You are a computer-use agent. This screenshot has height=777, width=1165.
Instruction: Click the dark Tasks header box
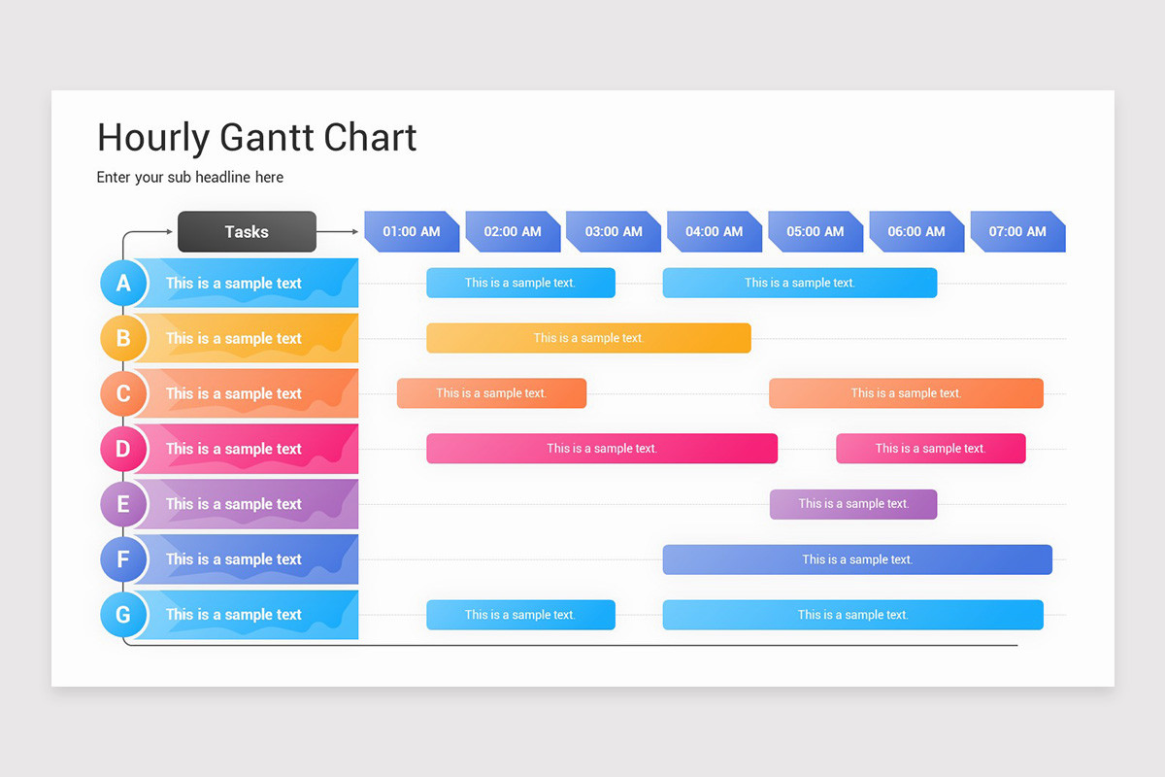click(x=247, y=231)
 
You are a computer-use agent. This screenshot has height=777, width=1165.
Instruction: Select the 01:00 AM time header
click(x=412, y=231)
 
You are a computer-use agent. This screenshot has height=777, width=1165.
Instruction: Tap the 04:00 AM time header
click(x=714, y=231)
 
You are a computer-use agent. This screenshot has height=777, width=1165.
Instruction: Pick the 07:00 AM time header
click(x=1017, y=231)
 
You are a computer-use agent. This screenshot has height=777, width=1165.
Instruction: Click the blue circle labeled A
click(x=123, y=283)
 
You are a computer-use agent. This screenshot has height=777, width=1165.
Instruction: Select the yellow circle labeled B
click(x=123, y=338)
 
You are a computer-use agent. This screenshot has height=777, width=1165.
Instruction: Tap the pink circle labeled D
click(x=123, y=449)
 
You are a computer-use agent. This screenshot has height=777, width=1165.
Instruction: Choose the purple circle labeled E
click(x=123, y=504)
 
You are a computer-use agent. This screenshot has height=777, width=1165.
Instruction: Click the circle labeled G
click(x=123, y=615)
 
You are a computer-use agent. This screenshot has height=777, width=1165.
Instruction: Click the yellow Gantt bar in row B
click(x=588, y=338)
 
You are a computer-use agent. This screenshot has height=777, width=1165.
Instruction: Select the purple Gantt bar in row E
click(x=853, y=504)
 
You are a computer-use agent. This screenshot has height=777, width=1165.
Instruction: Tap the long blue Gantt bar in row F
click(x=857, y=559)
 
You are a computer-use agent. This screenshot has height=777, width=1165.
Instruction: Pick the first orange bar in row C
click(x=491, y=393)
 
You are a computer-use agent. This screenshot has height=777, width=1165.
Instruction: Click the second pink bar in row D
click(x=930, y=449)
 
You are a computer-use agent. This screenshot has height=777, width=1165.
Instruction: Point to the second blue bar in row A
click(x=799, y=283)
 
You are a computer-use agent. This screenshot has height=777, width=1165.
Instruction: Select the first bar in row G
click(x=520, y=615)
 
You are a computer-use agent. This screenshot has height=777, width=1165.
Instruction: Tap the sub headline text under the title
click(x=190, y=177)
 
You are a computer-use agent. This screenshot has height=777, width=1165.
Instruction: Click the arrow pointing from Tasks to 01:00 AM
click(x=339, y=232)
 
